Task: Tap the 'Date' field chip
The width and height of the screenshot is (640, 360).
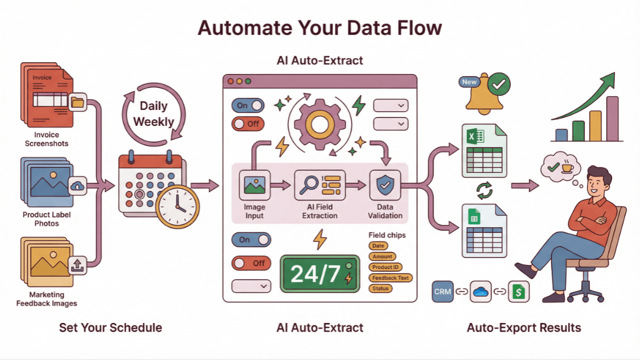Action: (x=378, y=246)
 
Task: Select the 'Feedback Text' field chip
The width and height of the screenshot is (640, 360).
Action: (x=391, y=278)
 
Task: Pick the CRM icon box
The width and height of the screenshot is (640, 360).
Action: (x=442, y=292)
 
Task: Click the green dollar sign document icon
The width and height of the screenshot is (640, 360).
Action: (x=519, y=292)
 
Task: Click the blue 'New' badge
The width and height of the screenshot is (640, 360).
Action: (x=469, y=82)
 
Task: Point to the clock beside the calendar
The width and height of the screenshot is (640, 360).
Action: (x=178, y=206)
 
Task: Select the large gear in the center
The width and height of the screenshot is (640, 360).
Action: (x=319, y=123)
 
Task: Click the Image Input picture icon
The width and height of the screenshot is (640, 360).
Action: (x=254, y=185)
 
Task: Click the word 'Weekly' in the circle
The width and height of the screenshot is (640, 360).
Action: (x=154, y=121)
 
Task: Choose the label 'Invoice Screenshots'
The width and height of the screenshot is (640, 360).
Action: (x=46, y=139)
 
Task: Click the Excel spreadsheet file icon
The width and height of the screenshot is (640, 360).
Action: (x=484, y=151)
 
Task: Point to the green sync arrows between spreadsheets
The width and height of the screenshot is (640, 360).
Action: (x=485, y=191)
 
